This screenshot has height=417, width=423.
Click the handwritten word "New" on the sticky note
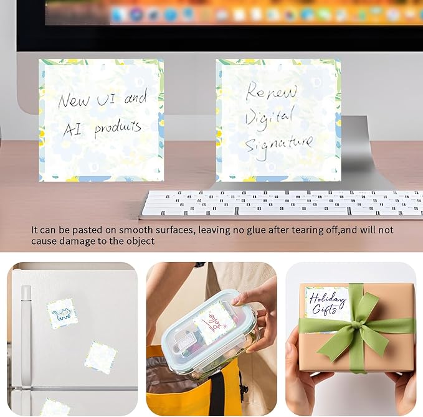point(74,100)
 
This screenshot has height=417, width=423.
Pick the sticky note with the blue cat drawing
point(62,313)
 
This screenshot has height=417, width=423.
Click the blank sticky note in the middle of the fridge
point(100,357)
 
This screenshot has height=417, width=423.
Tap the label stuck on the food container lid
point(214,322)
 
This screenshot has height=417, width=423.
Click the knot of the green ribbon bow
point(355,324)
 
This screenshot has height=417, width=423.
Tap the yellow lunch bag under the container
point(187,386)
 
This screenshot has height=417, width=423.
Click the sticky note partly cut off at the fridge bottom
point(55,408)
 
